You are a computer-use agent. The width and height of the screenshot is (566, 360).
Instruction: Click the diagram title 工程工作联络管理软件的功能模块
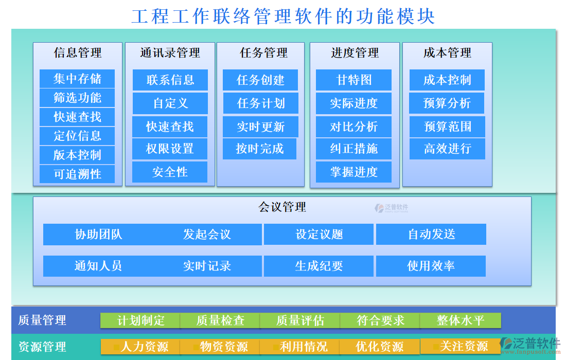point(283,16)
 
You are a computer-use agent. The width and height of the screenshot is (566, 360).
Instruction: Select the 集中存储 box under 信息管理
point(77,79)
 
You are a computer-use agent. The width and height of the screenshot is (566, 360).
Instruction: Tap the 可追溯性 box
point(77,174)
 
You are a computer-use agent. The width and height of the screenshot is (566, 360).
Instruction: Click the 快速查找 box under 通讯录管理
point(170,127)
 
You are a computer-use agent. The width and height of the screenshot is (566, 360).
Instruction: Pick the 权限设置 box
point(170,149)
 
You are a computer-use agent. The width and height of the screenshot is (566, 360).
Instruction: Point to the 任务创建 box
point(260,80)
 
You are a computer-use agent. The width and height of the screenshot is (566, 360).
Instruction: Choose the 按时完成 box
point(259,149)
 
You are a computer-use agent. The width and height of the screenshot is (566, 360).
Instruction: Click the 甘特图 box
point(354,80)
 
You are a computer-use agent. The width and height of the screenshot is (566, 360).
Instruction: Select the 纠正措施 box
point(354,149)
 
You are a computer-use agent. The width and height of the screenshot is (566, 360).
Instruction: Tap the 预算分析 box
point(447,103)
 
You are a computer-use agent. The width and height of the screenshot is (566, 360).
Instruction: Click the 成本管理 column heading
point(447,52)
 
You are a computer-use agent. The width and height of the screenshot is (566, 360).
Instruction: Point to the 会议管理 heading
point(282,207)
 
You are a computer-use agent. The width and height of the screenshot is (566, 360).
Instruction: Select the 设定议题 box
point(319,235)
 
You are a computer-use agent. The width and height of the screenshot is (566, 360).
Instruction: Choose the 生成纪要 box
point(319,266)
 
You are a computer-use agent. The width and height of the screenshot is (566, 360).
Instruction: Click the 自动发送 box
point(431,235)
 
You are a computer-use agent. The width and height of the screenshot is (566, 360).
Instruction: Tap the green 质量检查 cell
point(220,320)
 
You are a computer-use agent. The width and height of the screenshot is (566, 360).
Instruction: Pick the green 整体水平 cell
point(461,320)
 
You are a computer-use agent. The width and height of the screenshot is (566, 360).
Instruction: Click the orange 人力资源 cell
point(140,347)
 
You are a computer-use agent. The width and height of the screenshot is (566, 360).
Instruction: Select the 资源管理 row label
point(42,347)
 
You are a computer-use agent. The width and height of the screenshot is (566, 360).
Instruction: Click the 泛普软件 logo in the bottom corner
point(530,346)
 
